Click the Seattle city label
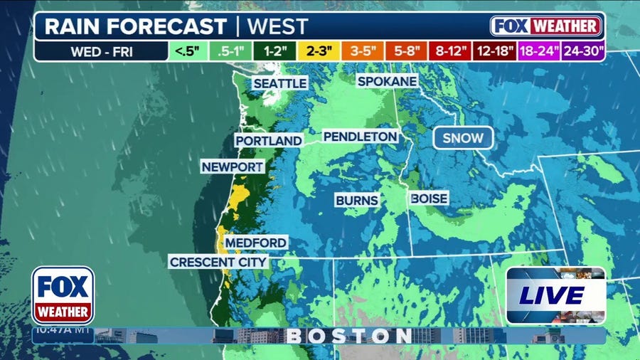point(280,83)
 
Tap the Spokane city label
point(387,81)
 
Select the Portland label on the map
point(269,141)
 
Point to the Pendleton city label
point(360,136)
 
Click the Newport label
point(233,166)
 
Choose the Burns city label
point(357,201)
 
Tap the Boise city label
point(430,198)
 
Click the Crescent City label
point(218,262)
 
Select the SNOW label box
point(463,138)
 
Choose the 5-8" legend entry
point(408,51)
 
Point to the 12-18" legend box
point(495,51)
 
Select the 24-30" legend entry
point(582,51)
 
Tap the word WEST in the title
point(277,27)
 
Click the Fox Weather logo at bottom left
point(63,295)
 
